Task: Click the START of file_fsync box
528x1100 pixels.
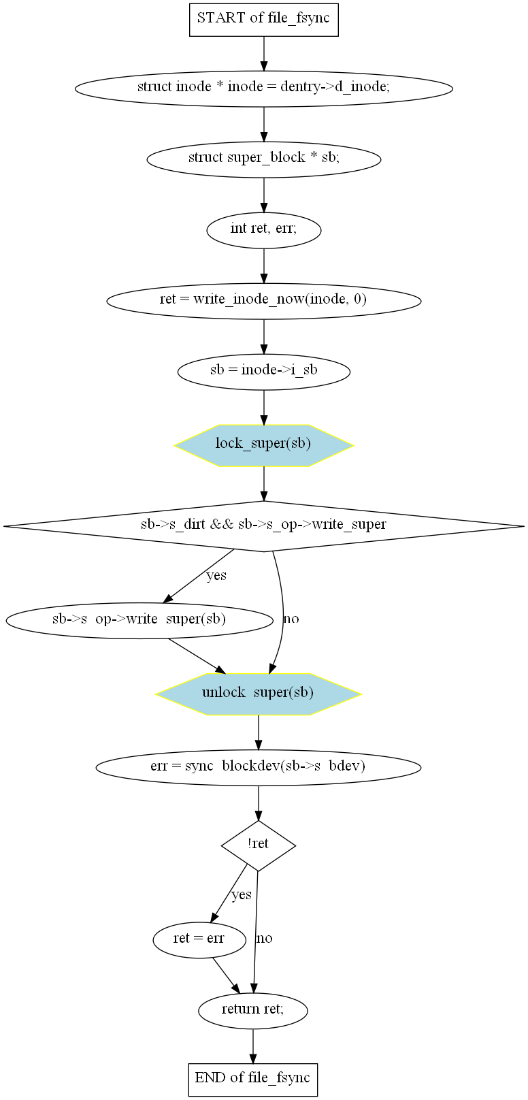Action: tap(263, 18)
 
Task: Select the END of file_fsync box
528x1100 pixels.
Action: tap(252, 1078)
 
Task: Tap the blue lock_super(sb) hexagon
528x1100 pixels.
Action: tap(263, 444)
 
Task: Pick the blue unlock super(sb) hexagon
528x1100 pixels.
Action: tap(258, 694)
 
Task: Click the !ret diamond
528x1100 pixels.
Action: tap(258, 845)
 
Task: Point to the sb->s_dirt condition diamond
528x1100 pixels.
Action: tap(263, 525)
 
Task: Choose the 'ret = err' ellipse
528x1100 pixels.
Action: tap(199, 939)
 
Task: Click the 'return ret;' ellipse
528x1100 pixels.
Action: tap(252, 1009)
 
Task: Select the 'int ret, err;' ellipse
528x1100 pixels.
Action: tap(263, 229)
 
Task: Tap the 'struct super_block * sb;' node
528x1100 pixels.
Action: tap(263, 158)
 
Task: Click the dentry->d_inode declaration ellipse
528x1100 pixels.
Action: tap(263, 87)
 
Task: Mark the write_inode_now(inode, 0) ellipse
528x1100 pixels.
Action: tap(263, 300)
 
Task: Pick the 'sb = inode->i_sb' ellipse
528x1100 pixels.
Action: tap(263, 371)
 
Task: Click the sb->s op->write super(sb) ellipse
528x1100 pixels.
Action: tap(139, 619)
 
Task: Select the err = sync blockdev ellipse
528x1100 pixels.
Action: tap(258, 766)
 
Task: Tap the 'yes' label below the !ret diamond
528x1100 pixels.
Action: tap(242, 894)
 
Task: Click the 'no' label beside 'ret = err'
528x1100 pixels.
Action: tap(264, 939)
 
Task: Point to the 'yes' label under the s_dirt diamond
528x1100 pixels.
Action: tap(216, 576)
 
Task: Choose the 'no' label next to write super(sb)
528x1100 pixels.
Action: tap(291, 619)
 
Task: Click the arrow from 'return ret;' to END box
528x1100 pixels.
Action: tap(252, 1046)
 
